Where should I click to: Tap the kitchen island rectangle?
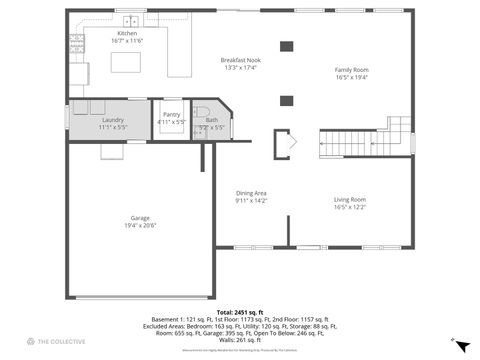[127, 62]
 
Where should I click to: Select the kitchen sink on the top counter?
[130, 20]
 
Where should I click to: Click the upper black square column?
[287, 45]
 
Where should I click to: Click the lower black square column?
[287, 99]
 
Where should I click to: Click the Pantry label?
[172, 119]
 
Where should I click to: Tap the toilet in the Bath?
[200, 112]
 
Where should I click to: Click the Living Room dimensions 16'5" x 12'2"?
[349, 207]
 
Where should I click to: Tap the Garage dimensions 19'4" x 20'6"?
[140, 225]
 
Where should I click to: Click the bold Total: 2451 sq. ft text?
[238, 312]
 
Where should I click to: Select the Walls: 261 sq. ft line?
[238, 339]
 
